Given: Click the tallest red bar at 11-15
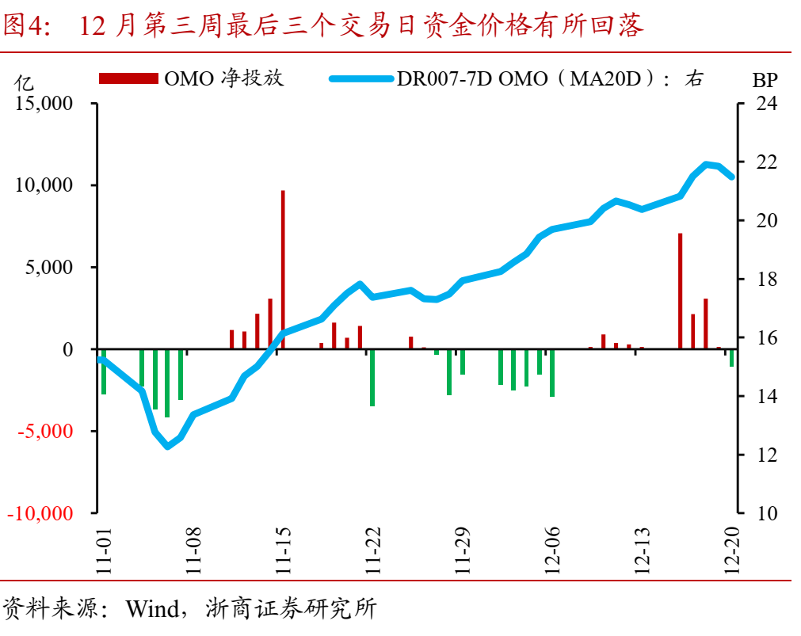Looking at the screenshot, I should coord(283,269).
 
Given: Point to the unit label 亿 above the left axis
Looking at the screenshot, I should coord(25,81).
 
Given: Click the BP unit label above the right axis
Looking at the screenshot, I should coord(765,79).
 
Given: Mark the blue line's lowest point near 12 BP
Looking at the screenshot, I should coord(167,446).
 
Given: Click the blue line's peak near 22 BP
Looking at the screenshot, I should coord(707,165).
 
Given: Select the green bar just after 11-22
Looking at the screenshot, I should coord(372,377).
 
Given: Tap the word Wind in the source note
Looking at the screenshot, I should coord(151,609).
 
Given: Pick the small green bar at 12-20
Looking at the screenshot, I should coord(731,358).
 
